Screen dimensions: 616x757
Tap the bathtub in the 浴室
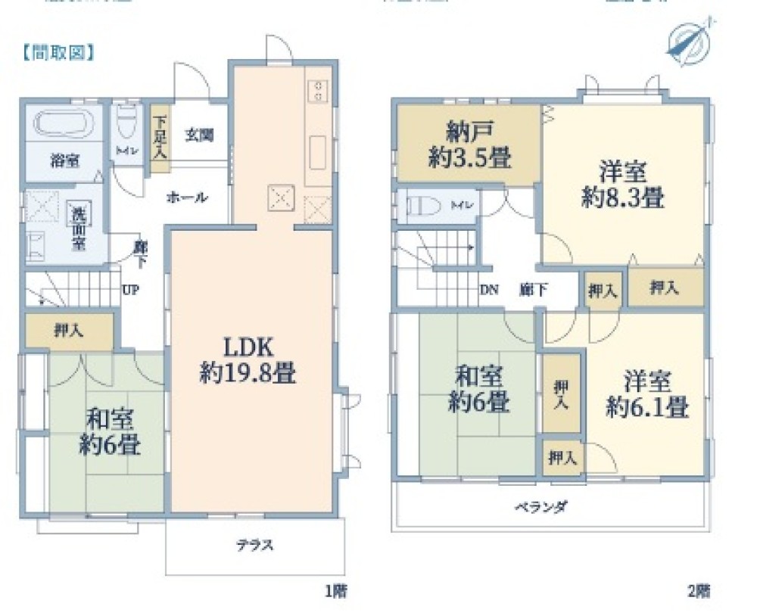(x=61, y=124)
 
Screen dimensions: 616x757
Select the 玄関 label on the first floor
(x=199, y=136)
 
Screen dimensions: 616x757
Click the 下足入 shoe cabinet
(x=159, y=137)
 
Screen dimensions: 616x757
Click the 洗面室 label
(x=78, y=226)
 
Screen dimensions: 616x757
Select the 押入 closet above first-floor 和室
(x=69, y=330)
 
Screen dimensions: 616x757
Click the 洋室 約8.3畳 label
(x=623, y=185)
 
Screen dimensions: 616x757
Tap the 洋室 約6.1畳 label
(x=646, y=394)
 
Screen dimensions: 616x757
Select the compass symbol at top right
(x=687, y=38)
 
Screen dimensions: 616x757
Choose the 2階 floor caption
(x=699, y=590)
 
